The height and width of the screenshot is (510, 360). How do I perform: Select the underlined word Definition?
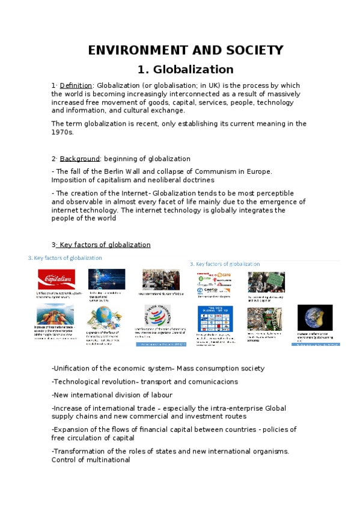coord(76,85)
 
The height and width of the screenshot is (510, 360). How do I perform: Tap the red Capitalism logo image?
coord(56,280)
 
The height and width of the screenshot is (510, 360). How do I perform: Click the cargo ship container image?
coord(55,315)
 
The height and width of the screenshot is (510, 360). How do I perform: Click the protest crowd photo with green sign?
coord(266,281)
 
